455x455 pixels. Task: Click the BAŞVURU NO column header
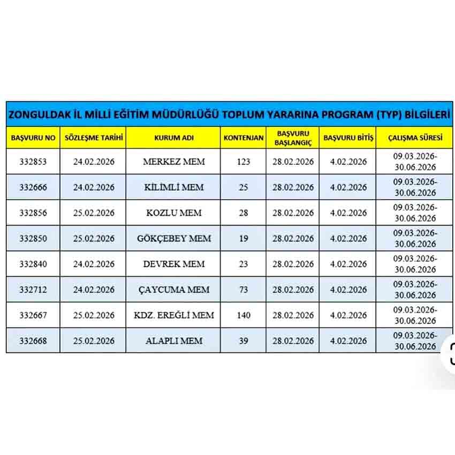[33, 138]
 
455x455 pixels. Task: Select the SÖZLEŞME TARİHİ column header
[94, 138]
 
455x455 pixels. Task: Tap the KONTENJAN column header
[244, 138]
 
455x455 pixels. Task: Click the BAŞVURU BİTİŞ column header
[348, 138]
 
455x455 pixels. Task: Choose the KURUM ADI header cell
[173, 138]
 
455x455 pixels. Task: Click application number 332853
[33, 162]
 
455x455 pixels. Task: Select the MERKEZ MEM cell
[174, 162]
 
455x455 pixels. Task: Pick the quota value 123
[244, 162]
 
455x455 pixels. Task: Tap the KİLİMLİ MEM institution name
[174, 187]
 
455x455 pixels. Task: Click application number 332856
[33, 213]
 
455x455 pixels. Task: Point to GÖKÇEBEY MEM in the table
[174, 238]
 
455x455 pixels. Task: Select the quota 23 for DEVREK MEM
[244, 264]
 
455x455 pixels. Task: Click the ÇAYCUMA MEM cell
[174, 290]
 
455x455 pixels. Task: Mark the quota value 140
[244, 315]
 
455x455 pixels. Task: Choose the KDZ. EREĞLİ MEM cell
[174, 315]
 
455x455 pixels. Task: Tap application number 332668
[33, 341]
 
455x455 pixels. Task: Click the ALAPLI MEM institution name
[174, 341]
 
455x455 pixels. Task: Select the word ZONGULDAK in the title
[40, 115]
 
